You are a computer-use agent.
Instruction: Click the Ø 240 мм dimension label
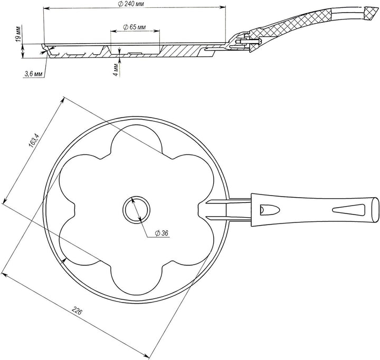[131, 4]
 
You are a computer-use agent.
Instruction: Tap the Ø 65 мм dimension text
[135, 27]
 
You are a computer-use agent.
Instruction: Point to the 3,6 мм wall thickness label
[34, 74]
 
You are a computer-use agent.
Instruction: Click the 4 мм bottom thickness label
[117, 70]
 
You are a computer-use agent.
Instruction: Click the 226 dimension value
[77, 310]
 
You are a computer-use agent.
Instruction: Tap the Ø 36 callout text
[161, 233]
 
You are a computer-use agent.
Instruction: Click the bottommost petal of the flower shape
[137, 281]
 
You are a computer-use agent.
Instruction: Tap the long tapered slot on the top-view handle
[349, 210]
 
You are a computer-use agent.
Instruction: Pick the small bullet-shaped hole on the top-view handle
[270, 210]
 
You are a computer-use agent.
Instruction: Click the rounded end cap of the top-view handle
[375, 210]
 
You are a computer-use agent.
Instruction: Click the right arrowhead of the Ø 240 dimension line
[223, 8]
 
